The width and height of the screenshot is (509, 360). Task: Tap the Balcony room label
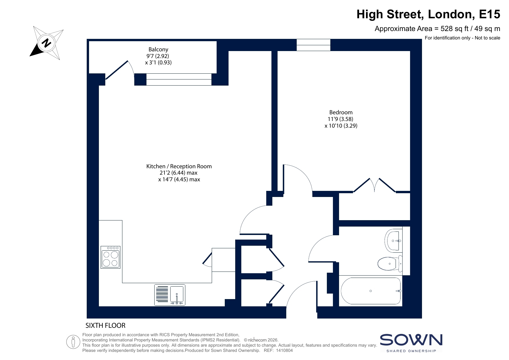[158, 49]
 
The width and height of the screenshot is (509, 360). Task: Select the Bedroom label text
[341, 112]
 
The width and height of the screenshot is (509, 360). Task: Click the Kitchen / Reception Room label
[179, 166]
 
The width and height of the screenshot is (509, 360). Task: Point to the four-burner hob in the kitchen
[111, 257]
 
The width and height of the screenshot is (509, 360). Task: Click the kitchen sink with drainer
[170, 295]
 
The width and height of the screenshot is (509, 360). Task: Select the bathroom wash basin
[394, 240]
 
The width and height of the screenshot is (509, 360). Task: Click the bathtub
[371, 291]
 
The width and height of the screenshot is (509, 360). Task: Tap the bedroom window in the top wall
[314, 45]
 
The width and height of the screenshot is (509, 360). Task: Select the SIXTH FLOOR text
[106, 325]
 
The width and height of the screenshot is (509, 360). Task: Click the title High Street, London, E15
[428, 14]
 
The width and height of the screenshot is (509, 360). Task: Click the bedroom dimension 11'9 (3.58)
[341, 119]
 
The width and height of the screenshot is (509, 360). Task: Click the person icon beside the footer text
[73, 342]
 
